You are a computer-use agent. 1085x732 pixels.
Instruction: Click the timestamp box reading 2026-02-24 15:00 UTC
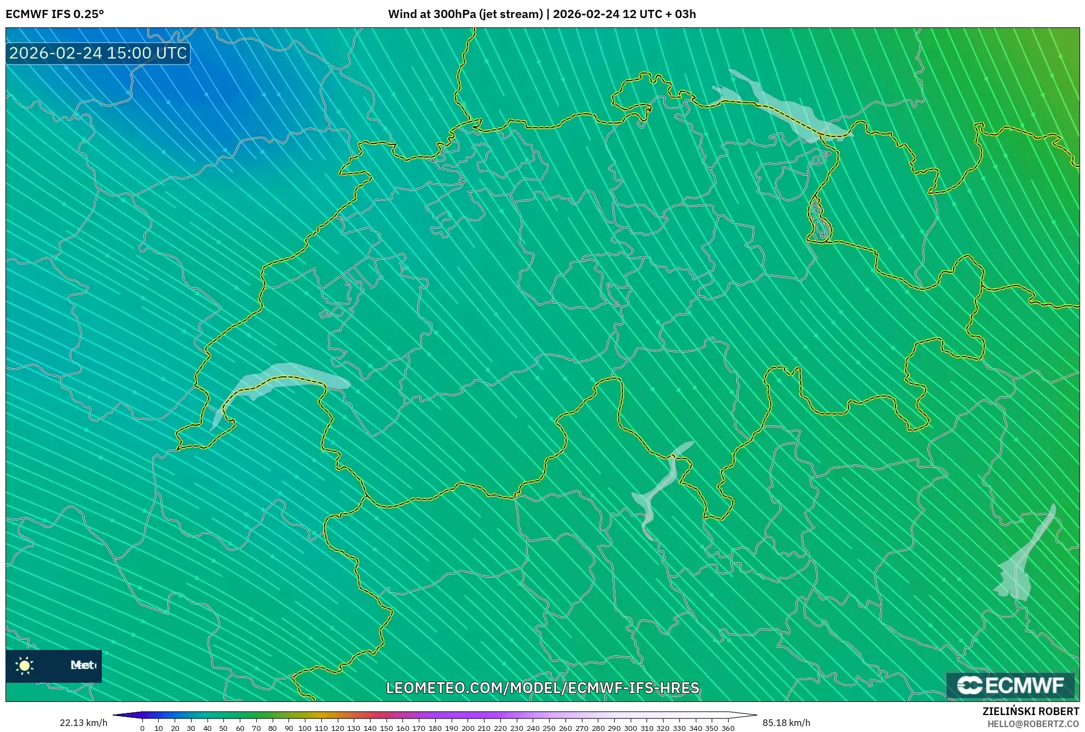(x=98, y=53)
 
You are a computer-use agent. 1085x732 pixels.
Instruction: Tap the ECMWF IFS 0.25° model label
(x=55, y=14)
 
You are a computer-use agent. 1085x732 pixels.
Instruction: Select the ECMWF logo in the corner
(x=1010, y=685)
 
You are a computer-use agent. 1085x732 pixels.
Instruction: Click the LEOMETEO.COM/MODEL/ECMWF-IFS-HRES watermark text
(x=542, y=688)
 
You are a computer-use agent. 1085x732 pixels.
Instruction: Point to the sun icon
(x=25, y=665)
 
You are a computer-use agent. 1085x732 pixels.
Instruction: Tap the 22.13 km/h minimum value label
(x=83, y=723)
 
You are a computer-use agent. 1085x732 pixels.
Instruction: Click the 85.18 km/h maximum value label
(x=786, y=723)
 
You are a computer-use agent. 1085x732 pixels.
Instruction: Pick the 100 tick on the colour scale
(x=305, y=728)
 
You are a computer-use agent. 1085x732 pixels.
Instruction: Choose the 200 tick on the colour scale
(x=468, y=728)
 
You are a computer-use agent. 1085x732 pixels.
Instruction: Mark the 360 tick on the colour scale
(x=728, y=728)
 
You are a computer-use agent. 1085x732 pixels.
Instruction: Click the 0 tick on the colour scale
(x=142, y=728)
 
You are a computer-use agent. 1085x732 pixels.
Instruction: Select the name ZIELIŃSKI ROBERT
(x=1031, y=711)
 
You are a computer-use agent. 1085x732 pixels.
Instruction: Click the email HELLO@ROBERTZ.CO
(x=1033, y=724)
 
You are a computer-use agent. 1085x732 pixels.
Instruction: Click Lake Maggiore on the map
(x=660, y=487)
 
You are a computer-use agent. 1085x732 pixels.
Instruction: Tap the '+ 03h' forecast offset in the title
(x=678, y=14)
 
